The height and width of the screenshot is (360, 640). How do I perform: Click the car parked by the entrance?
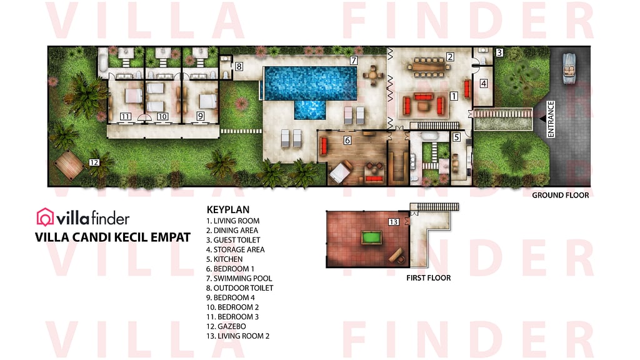(x=571, y=64)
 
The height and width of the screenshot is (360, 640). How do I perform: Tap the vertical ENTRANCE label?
(x=551, y=119)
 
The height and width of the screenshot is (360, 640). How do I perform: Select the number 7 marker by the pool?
(x=354, y=61)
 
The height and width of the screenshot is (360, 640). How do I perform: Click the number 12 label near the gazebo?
(x=94, y=162)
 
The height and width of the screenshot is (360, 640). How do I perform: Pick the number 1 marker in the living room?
(x=454, y=96)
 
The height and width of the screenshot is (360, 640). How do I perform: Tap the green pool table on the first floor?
(x=369, y=237)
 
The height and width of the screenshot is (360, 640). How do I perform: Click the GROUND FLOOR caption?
(x=560, y=196)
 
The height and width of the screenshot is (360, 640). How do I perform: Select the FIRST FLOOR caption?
(x=428, y=277)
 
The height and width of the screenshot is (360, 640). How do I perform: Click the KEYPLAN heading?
(x=228, y=210)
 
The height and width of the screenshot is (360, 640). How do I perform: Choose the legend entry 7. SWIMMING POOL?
(x=239, y=278)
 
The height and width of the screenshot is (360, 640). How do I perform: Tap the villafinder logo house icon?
(x=46, y=217)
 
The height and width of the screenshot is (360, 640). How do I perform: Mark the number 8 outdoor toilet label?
(x=239, y=66)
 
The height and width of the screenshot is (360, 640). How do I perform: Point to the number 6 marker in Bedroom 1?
(x=347, y=141)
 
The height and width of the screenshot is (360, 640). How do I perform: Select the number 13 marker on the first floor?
(x=393, y=222)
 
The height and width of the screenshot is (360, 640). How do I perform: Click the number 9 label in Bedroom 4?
(x=200, y=116)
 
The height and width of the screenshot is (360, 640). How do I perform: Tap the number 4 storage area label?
(x=483, y=82)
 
